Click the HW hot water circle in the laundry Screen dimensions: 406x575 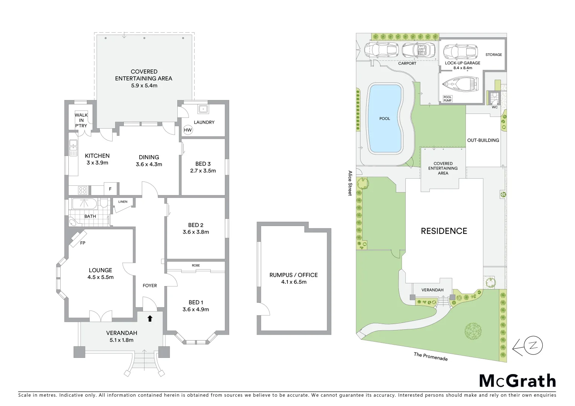[188, 130]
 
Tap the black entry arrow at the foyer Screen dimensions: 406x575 [150, 318]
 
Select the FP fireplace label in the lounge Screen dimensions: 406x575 [83, 243]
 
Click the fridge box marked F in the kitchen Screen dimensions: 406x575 [110, 189]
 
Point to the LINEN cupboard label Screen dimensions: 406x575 [123, 202]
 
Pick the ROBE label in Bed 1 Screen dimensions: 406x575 [196, 265]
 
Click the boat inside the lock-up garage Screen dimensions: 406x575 [460, 84]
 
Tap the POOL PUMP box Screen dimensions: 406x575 [447, 99]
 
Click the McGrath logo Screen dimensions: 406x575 [517, 381]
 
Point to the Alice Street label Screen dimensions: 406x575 [350, 183]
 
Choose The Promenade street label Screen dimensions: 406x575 [430, 356]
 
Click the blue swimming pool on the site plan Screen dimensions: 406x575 [385, 118]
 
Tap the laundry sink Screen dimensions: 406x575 [203, 109]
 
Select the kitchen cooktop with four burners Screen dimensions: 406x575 [83, 190]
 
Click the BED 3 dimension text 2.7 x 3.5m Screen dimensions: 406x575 [203, 171]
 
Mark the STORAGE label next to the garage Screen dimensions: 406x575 [493, 55]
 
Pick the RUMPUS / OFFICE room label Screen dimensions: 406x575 [294, 275]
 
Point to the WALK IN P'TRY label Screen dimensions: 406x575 [81, 120]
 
